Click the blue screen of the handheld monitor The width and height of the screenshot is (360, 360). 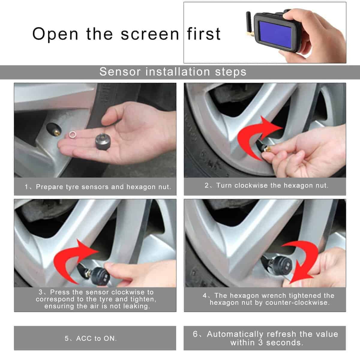point(275,33)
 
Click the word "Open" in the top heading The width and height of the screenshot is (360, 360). point(55,34)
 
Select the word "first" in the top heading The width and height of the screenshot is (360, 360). point(204,34)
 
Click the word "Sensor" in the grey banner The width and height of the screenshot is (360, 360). point(120,72)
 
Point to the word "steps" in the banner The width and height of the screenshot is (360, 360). point(230,72)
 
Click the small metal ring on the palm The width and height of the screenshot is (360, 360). point(73,134)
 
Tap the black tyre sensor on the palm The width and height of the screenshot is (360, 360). point(103,141)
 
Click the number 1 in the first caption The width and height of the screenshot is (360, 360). point(26,187)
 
